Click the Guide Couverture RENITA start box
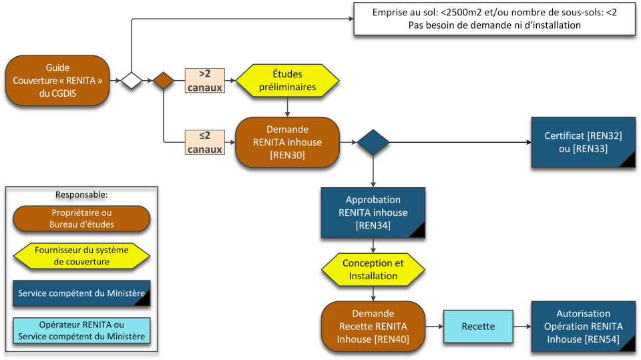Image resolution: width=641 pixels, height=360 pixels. click(57, 81)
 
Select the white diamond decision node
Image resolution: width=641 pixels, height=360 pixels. click(132, 81)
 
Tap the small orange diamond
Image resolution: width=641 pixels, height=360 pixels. click(164, 81)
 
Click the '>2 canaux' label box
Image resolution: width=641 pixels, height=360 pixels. click(204, 81)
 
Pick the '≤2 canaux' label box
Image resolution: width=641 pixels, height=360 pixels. click(204, 142)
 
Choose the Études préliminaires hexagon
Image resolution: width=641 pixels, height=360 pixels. click(287, 80)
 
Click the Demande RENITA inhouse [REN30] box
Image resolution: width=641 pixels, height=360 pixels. click(287, 142)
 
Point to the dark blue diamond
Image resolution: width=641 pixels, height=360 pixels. click(373, 142)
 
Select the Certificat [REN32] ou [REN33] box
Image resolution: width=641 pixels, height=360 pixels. click(583, 142)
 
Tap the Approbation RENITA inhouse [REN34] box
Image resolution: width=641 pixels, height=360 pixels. click(373, 212)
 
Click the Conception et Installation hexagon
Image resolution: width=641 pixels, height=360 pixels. click(373, 269)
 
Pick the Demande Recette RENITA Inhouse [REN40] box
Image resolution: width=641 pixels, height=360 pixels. click(373, 327)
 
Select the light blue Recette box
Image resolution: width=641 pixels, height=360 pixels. click(478, 327)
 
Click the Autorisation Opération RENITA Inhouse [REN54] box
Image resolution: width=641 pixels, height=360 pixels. click(583, 327)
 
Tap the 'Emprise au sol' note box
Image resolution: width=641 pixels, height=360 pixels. click(493, 19)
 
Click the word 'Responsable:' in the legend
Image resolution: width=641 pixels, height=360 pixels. click(81, 195)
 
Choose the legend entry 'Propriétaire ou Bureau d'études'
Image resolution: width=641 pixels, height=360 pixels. click(81, 218)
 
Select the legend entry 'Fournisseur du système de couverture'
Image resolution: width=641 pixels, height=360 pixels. click(81, 256)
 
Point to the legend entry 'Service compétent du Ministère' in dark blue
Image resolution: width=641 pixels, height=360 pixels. click(81, 293)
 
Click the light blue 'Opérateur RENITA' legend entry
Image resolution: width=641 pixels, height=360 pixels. click(81, 331)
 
